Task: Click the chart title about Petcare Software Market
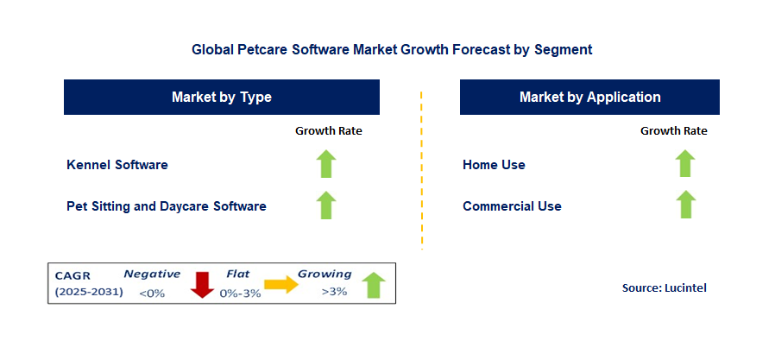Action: click(x=392, y=49)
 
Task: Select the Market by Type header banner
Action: click(x=222, y=97)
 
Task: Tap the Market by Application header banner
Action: click(x=589, y=97)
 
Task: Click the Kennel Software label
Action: click(x=117, y=165)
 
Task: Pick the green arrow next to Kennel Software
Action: click(x=326, y=164)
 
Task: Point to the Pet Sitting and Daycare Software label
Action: click(x=167, y=206)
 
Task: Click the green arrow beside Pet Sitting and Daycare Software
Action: click(x=326, y=205)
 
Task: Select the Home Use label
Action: click(x=494, y=165)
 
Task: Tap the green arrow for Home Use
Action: click(x=685, y=163)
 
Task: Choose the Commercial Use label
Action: click(x=512, y=206)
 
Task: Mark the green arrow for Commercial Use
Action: click(x=685, y=205)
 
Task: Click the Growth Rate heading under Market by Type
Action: click(x=329, y=131)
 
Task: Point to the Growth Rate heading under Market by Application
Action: click(x=674, y=131)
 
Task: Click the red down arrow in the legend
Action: click(x=202, y=285)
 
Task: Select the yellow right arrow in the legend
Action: click(x=281, y=284)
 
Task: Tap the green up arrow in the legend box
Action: click(x=373, y=285)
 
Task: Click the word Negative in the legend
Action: click(x=152, y=274)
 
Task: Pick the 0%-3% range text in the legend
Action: click(x=240, y=294)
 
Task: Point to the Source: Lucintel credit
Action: click(x=665, y=287)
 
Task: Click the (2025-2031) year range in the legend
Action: click(x=89, y=292)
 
